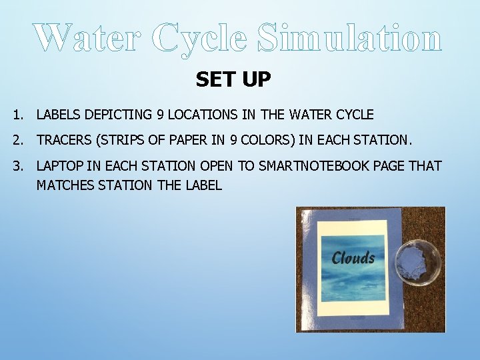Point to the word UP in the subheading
(x=257, y=80)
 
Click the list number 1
(x=17, y=115)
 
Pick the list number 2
(x=17, y=140)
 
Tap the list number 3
(x=17, y=166)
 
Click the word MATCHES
(x=65, y=185)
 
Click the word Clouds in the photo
(x=353, y=258)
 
